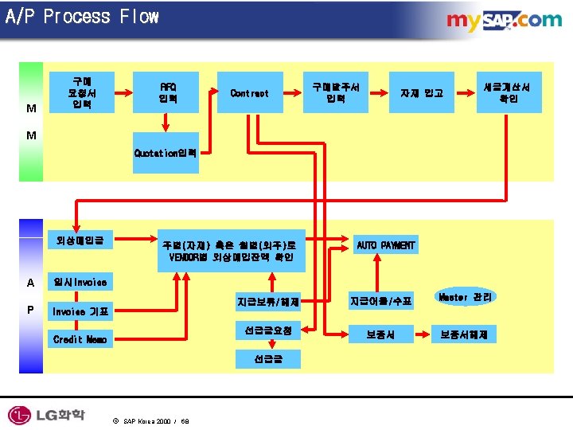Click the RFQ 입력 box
(168, 93)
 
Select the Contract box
(249, 93)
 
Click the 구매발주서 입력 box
(335, 93)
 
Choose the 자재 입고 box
(422, 93)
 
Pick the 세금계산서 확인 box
(509, 92)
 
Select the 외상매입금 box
(80, 239)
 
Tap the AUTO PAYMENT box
(385, 245)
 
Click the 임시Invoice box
(79, 282)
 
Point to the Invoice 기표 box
(79, 311)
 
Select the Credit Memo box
(79, 339)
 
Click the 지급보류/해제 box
(267, 301)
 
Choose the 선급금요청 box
(267, 330)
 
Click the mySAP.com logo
(504, 21)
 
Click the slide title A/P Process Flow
(82, 17)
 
